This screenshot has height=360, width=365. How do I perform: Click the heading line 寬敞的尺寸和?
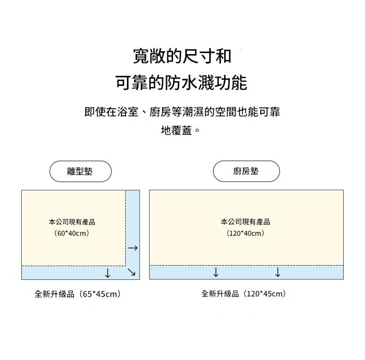click(x=182, y=56)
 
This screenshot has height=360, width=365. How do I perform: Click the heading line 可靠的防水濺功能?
click(x=182, y=83)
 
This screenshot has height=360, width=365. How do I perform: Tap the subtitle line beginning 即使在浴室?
click(x=182, y=112)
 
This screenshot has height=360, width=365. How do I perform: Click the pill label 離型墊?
click(x=80, y=171)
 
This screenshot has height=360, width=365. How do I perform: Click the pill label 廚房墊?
click(x=246, y=171)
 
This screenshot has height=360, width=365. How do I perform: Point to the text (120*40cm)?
click(x=246, y=233)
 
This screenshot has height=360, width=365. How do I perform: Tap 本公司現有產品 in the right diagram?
click(x=246, y=222)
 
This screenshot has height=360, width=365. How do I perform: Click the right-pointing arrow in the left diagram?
click(x=133, y=248)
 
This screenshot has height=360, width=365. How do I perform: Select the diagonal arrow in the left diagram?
click(x=132, y=272)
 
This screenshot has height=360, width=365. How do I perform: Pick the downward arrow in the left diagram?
click(x=108, y=273)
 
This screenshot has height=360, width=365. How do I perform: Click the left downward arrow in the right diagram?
click(x=216, y=272)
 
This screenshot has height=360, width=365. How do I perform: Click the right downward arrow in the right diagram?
click(x=278, y=272)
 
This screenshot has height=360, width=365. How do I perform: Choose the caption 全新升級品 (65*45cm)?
click(x=78, y=294)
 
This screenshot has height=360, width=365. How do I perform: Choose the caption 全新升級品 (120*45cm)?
click(x=244, y=294)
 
